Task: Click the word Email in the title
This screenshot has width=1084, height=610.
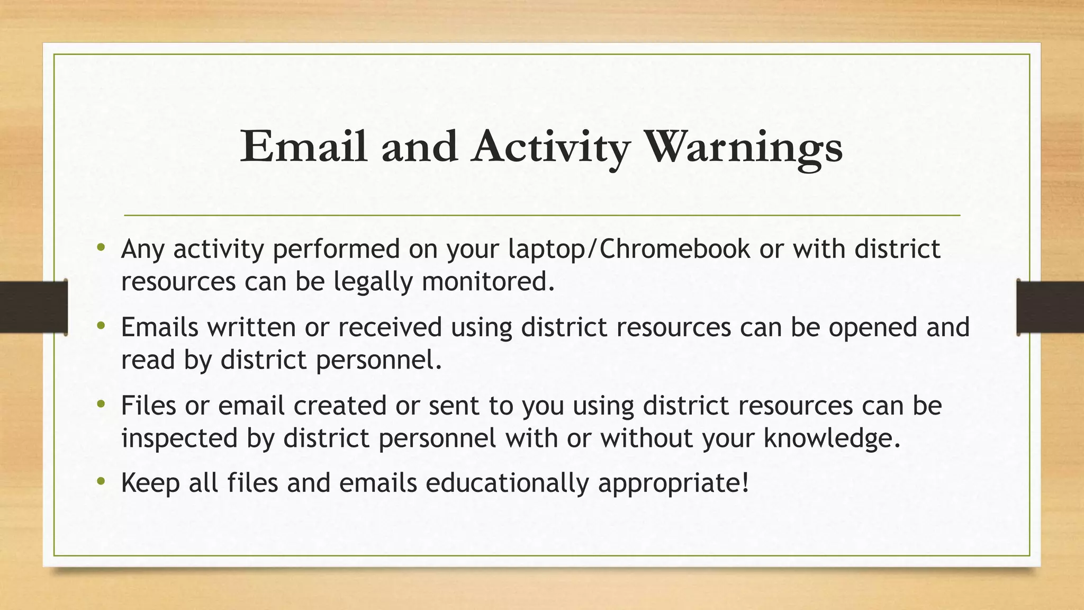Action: click(303, 147)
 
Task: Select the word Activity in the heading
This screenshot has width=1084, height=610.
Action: click(550, 147)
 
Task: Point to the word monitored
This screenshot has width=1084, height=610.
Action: click(488, 281)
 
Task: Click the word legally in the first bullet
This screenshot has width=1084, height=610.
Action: click(373, 281)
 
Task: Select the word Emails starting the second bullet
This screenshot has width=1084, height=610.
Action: click(159, 327)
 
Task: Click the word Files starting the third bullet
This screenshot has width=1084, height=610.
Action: click(148, 406)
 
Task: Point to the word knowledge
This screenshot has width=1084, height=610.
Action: click(832, 438)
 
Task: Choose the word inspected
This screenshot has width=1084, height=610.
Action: click(179, 438)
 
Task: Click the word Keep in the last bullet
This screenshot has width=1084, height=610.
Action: click(150, 483)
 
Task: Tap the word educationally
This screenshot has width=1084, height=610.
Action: click(507, 483)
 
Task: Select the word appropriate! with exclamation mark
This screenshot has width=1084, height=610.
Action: click(674, 483)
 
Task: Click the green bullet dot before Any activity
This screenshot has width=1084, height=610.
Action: click(101, 247)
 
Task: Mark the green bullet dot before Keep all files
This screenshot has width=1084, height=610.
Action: click(101, 481)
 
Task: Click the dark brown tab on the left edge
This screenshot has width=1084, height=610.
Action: click(33, 307)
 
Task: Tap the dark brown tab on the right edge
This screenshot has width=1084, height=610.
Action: click(1050, 307)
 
